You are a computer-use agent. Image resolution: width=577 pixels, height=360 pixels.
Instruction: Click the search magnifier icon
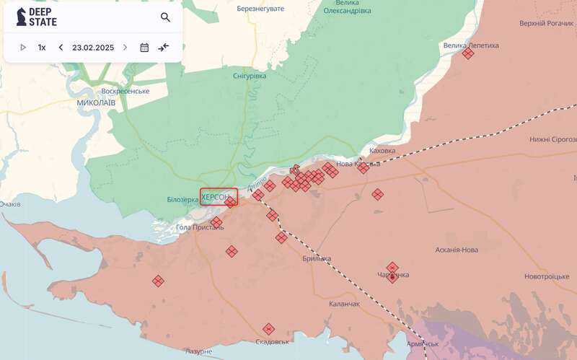(166, 17)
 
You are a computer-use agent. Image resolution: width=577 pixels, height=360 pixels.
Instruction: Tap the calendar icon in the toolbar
(144, 48)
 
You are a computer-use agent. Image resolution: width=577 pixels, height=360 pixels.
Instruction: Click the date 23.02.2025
(93, 48)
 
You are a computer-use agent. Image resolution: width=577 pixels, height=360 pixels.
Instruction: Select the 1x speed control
(42, 48)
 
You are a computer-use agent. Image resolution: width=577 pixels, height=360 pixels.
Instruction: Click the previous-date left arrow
(61, 48)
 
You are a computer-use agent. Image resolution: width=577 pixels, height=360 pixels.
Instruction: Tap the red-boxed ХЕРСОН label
(219, 197)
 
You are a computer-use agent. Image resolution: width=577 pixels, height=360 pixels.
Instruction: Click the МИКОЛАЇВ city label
(96, 103)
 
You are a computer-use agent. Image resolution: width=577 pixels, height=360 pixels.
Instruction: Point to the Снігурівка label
(250, 76)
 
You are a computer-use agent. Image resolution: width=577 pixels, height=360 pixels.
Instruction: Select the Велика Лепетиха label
(471, 45)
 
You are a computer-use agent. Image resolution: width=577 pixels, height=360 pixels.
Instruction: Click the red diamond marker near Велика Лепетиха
(468, 53)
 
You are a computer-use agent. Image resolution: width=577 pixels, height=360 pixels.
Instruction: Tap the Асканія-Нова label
(457, 250)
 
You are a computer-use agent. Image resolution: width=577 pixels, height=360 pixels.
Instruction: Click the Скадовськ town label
(272, 341)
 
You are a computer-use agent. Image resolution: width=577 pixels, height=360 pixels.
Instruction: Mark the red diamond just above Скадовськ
(268, 329)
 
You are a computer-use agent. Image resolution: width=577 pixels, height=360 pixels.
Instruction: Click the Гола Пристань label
(200, 227)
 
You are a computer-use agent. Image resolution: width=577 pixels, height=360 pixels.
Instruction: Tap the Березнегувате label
(260, 9)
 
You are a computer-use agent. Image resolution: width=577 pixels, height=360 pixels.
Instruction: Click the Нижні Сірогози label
(552, 139)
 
